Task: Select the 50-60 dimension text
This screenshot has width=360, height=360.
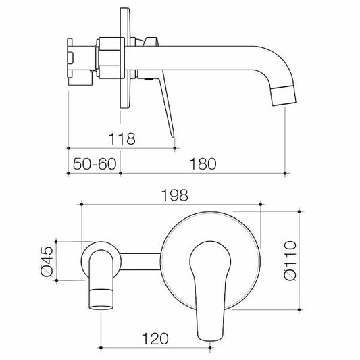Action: tap(93, 164)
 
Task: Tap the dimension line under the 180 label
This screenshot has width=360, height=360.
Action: tap(203, 172)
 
